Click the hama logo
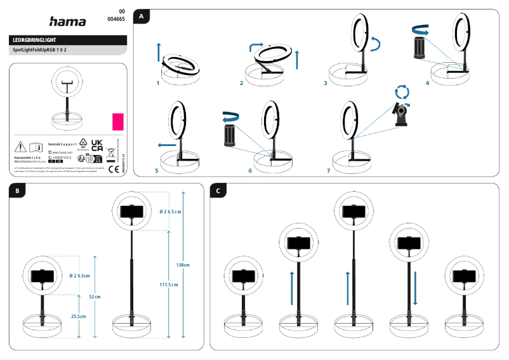[x=67, y=22]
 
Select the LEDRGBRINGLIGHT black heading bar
[x=69, y=40]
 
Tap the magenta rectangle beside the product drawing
[x=117, y=121]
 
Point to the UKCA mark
[x=97, y=145]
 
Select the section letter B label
[x=17, y=190]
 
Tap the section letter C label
[x=218, y=190]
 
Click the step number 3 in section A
[x=325, y=83]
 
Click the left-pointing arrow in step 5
[x=167, y=145]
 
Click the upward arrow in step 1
[x=159, y=51]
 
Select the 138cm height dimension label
[x=183, y=264]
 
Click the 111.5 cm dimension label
[x=168, y=284]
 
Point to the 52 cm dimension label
[x=95, y=297]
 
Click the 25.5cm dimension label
[x=79, y=316]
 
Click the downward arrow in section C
[x=415, y=290]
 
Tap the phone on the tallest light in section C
[x=352, y=211]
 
